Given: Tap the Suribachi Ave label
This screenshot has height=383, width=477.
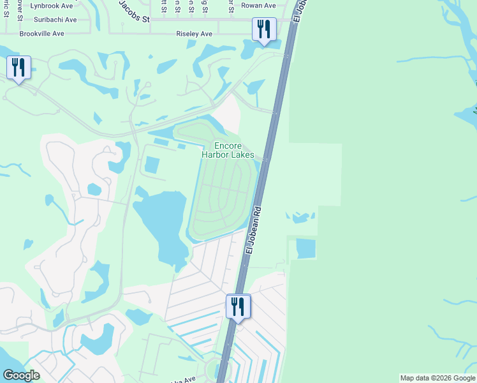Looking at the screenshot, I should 50,20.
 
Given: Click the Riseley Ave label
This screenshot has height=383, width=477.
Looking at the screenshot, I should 194,34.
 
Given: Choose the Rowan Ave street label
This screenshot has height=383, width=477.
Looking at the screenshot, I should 258,6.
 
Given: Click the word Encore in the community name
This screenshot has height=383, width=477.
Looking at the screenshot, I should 228,146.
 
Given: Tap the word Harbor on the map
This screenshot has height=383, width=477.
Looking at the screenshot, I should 218,155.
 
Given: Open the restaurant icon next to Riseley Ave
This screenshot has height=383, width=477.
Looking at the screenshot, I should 263,29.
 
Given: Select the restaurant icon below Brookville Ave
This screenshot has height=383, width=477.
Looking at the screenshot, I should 18,67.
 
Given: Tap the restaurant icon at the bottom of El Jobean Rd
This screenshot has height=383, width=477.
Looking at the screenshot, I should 238,306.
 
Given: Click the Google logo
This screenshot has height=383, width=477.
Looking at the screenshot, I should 21,375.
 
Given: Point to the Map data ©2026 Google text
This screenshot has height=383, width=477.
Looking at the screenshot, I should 437,378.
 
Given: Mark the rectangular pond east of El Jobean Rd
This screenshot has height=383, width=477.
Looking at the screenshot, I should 306,249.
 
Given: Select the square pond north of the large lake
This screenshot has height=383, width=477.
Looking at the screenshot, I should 152,165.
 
